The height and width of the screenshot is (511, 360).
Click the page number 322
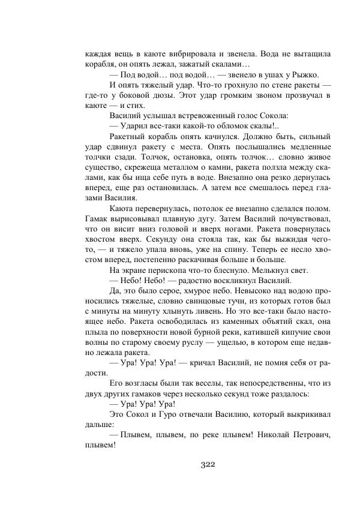[206, 464]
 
